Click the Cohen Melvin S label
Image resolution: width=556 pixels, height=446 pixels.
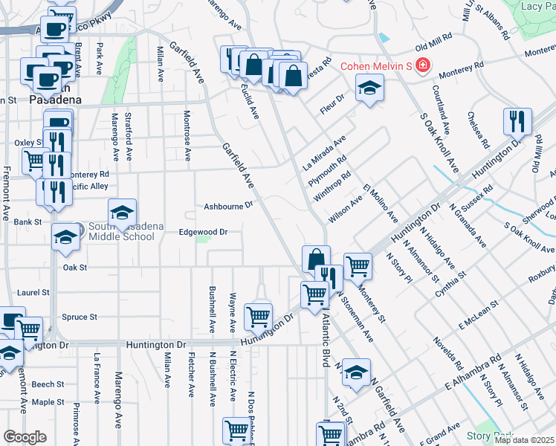(376, 66)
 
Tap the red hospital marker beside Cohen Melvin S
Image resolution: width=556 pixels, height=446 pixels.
(422, 66)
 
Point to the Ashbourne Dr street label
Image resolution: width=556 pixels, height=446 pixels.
(229, 206)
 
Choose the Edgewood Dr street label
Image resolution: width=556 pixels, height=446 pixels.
(203, 232)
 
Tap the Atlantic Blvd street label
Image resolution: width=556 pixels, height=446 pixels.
(325, 338)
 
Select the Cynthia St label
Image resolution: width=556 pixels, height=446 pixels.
(451, 285)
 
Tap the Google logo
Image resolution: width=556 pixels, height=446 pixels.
(25, 437)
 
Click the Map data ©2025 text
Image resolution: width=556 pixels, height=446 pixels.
(524, 440)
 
